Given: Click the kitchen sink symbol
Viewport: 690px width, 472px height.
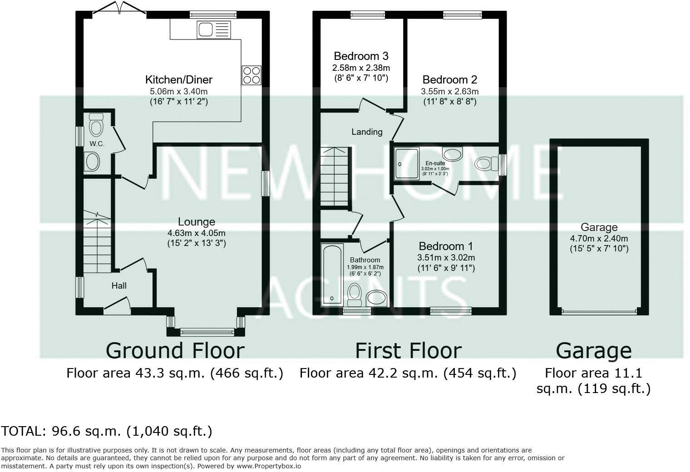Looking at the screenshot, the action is [214, 29].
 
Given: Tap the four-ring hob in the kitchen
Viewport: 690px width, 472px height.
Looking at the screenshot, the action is [251, 75].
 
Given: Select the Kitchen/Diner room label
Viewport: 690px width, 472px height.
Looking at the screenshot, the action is [179, 80].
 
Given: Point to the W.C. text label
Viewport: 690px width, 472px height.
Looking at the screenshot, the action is [97, 144].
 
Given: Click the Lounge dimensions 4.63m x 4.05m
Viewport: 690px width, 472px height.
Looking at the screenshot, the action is [197, 233].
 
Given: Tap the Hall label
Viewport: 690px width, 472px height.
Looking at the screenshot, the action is [119, 286].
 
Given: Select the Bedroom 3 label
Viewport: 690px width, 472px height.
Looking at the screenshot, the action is [361, 56].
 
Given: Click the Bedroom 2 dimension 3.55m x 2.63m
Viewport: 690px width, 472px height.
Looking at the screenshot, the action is [450, 91].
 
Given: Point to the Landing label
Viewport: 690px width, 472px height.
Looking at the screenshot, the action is [367, 132].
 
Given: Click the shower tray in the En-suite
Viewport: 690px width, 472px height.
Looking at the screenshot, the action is [407, 164].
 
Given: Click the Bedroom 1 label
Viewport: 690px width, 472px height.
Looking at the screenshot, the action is [446, 246].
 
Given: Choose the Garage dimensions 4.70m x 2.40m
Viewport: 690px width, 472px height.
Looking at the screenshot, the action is [599, 239].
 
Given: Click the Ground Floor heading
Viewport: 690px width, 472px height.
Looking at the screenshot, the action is [175, 351].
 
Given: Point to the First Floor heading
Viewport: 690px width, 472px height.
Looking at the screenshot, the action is [409, 351].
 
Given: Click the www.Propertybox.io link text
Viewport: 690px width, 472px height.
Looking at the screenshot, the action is [269, 466].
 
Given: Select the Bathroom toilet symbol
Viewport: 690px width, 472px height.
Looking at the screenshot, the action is [354, 295].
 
